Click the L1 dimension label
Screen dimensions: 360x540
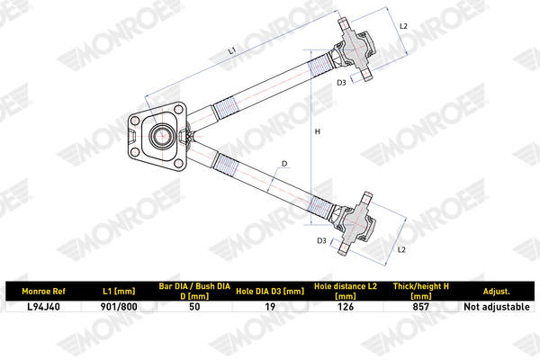[x=233, y=52]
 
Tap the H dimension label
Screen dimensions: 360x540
[x=317, y=131]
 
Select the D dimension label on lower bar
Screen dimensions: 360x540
[x=284, y=164]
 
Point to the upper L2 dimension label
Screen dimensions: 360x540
[x=403, y=27]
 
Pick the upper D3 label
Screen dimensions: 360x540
[x=342, y=83]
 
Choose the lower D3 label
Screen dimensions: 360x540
[x=321, y=241]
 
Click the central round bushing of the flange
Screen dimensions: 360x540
[x=162, y=138]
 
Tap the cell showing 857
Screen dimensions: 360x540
[x=420, y=306]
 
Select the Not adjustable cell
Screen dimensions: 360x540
[x=496, y=306]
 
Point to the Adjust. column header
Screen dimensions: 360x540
[x=496, y=292]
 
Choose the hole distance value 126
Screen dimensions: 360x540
[x=346, y=306]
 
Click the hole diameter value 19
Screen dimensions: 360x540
[x=269, y=306]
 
